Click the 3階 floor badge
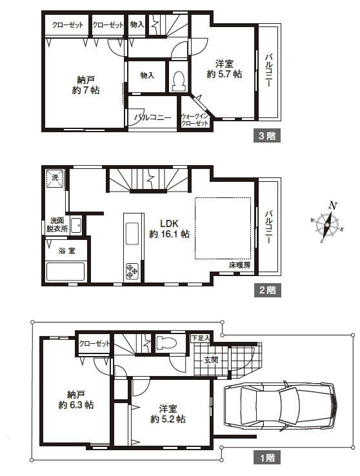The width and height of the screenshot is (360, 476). tap(267, 135)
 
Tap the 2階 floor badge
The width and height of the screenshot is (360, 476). tap(267, 290)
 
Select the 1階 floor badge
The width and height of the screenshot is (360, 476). tap(267, 458)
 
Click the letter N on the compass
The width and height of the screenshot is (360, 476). tap(333, 206)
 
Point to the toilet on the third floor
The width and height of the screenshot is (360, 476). tap(179, 81)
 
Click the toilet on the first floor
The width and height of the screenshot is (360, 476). tap(166, 343)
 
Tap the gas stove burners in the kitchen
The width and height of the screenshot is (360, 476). tap(132, 271)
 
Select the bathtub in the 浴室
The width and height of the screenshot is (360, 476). tap(65, 272)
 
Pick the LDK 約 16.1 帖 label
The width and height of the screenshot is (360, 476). tap(169, 228)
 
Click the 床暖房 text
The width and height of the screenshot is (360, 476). tap(239, 265)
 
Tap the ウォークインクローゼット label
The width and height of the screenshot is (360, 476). tap(195, 119)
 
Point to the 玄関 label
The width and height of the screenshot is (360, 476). tap(211, 360)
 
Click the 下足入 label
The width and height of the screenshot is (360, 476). tap(201, 338)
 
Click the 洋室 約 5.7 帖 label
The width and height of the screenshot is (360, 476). tap(225, 69)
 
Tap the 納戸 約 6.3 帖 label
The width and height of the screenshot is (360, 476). tap(76, 399)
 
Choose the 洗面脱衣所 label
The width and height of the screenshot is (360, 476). tap(57, 224)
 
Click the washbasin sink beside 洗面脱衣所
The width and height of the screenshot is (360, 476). tap(76, 226)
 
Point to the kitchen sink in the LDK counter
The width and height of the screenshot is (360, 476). tap(132, 233)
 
